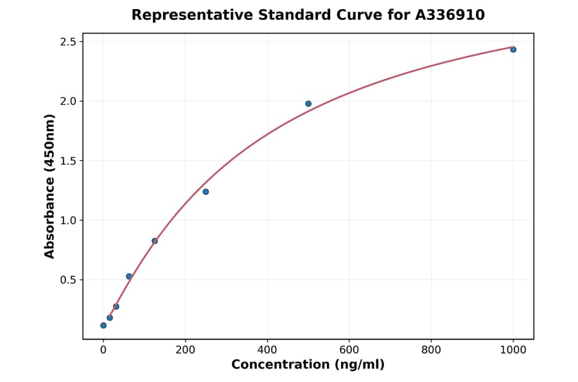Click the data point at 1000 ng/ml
tap(513, 50)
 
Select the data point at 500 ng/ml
tap(308, 104)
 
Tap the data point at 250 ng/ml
tap(206, 192)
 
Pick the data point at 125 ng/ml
tap(155, 241)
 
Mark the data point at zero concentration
tap(103, 325)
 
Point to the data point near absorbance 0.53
tap(129, 277)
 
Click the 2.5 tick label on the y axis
tap(67, 42)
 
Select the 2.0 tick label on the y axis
tap(67, 102)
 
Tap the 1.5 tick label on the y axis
tap(67, 161)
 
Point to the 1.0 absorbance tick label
tap(67, 221)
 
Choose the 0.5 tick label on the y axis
tap(67, 280)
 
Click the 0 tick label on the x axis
tap(103, 350)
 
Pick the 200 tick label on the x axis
tap(186, 350)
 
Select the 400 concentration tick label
tap(267, 350)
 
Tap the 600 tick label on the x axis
tap(349, 350)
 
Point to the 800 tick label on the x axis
tap(431, 350)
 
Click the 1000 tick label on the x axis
tap(513, 350)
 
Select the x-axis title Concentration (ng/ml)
tap(308, 365)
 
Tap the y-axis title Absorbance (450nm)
tap(50, 186)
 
